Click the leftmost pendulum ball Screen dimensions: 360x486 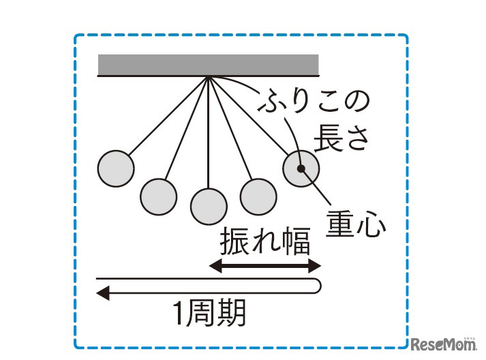pyautogui.click(x=116, y=167)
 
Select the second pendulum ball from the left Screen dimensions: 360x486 pyautogui.click(x=159, y=196)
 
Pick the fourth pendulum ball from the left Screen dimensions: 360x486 pyautogui.click(x=258, y=196)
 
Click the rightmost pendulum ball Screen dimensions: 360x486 pyautogui.click(x=301, y=167)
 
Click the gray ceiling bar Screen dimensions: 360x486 pyautogui.click(x=209, y=65)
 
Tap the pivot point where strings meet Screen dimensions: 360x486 pyautogui.click(x=209, y=77)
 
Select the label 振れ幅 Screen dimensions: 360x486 pyautogui.click(x=265, y=241)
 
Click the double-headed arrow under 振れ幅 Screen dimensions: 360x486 pyautogui.click(x=264, y=266)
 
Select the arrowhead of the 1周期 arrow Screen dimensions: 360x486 pyautogui.click(x=103, y=294)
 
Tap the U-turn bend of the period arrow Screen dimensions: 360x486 pyautogui.click(x=318, y=286)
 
